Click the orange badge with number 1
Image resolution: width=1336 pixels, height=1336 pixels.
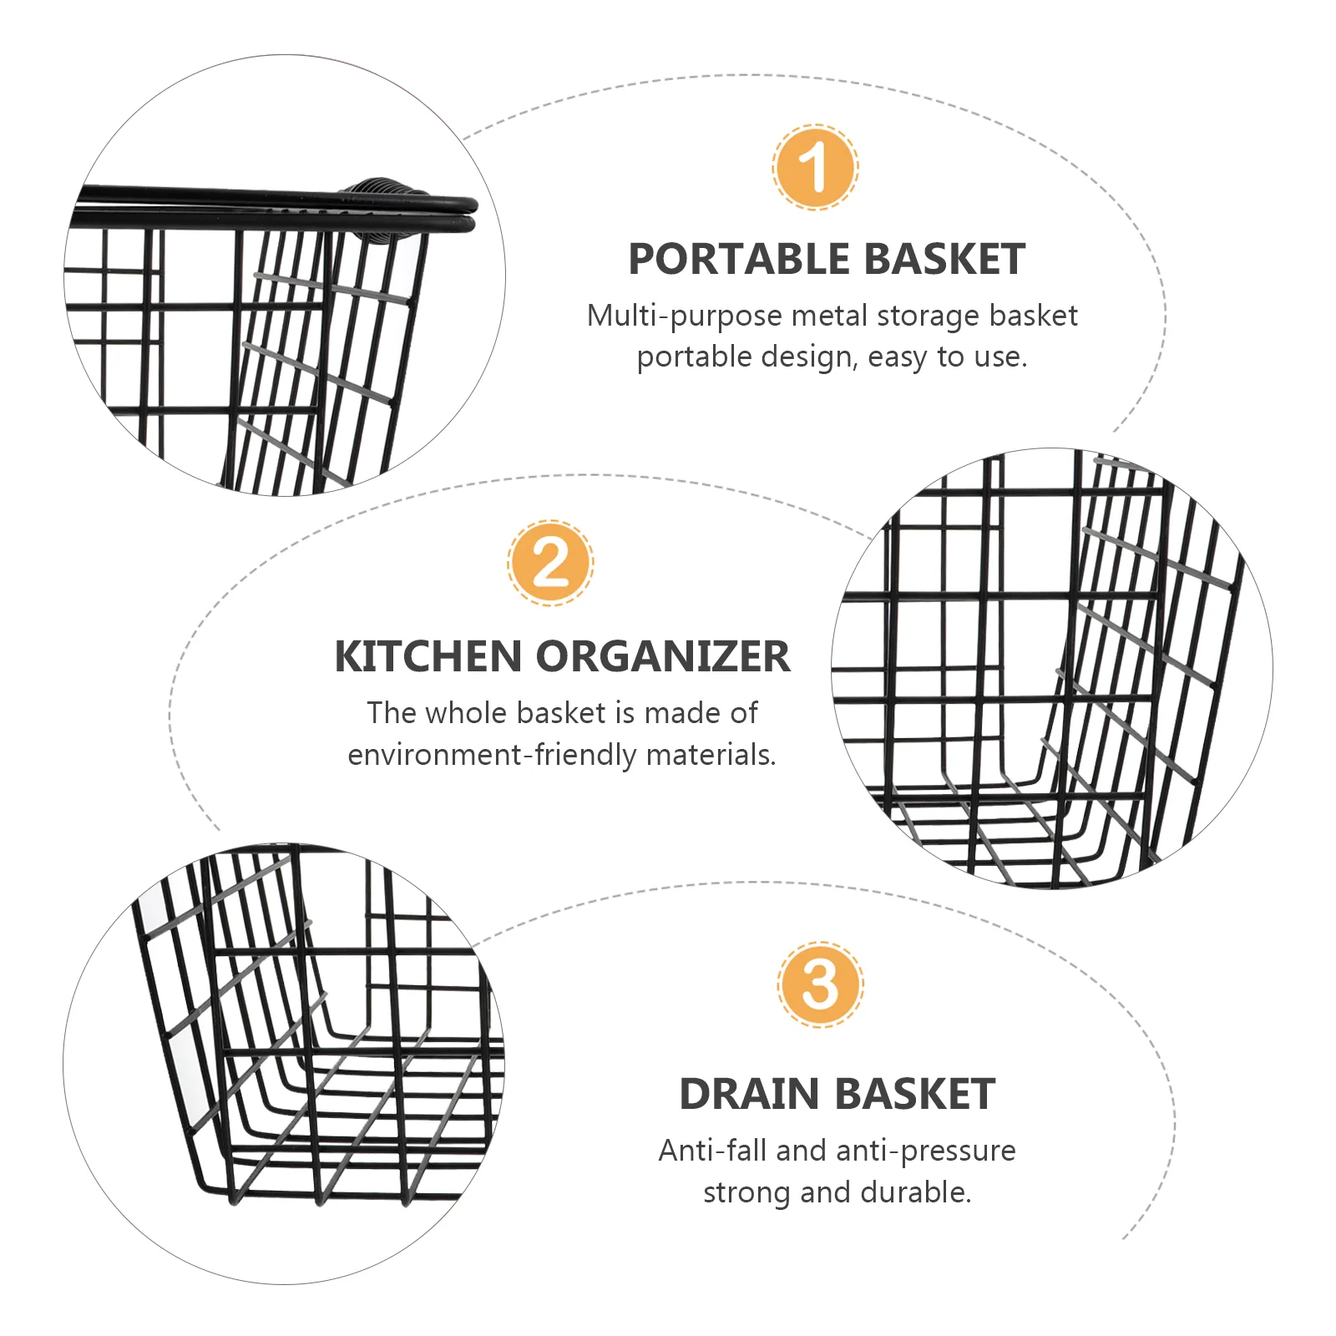tap(815, 166)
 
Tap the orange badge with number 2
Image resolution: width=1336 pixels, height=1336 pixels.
tap(550, 562)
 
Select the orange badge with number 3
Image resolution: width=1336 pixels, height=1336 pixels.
tap(820, 984)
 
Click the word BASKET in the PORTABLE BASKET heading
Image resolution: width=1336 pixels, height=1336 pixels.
tap(944, 259)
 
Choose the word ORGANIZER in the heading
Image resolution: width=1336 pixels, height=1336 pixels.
tap(662, 656)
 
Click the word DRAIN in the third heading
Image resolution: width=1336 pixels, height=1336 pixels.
tap(749, 1094)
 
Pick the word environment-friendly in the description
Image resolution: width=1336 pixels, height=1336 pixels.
tap(492, 755)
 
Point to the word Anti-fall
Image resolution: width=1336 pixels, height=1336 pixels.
tap(712, 1151)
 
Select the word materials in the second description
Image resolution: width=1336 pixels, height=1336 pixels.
tap(711, 755)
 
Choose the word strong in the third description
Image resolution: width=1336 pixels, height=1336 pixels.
tap(746, 1193)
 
